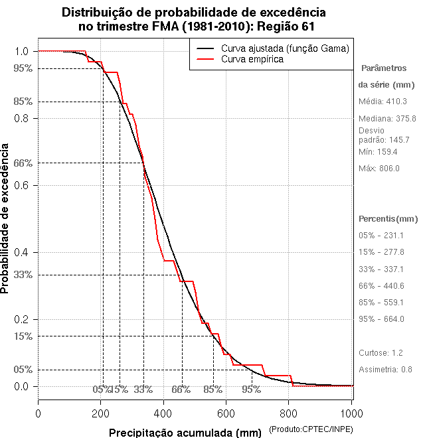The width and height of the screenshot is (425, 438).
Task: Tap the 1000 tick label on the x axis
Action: click(351, 413)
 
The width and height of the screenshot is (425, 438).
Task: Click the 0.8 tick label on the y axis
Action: click(21, 118)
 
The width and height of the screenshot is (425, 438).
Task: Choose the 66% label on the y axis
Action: click(22, 163)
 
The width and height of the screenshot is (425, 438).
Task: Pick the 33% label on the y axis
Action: click(22, 275)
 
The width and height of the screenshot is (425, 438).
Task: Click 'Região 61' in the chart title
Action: click(286, 26)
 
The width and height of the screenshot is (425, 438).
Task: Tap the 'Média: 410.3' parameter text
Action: click(382, 102)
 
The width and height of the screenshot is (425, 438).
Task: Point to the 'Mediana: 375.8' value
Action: click(387, 118)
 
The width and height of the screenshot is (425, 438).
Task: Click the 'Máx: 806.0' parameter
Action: click(379, 169)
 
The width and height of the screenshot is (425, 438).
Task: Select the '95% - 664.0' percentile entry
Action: click(381, 319)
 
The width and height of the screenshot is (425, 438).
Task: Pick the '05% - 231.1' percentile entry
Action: click(381, 236)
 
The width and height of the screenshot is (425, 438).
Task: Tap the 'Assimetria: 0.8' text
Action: click(386, 369)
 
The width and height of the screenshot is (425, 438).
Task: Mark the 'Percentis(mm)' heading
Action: click(388, 219)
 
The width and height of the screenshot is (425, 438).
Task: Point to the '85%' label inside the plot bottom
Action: click(212, 390)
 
